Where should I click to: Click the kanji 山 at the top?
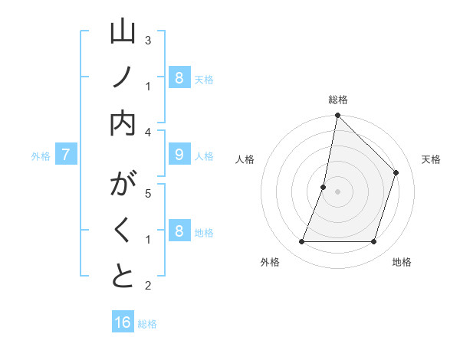[x=123, y=31]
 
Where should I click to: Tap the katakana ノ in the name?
[x=123, y=77]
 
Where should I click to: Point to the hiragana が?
[x=123, y=185]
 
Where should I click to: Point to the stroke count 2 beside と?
[x=148, y=286]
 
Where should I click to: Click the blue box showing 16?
[x=123, y=322]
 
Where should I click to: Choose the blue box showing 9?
[x=179, y=155]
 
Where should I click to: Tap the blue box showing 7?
[x=67, y=155]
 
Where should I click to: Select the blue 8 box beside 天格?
[x=179, y=77]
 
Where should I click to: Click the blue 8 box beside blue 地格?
[x=179, y=231]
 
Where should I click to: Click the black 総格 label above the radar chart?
[x=338, y=100]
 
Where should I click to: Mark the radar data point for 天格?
[x=396, y=172]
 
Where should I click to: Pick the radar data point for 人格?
[x=324, y=187]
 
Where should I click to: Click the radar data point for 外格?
[x=302, y=242]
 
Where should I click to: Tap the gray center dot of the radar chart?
[x=338, y=191]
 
